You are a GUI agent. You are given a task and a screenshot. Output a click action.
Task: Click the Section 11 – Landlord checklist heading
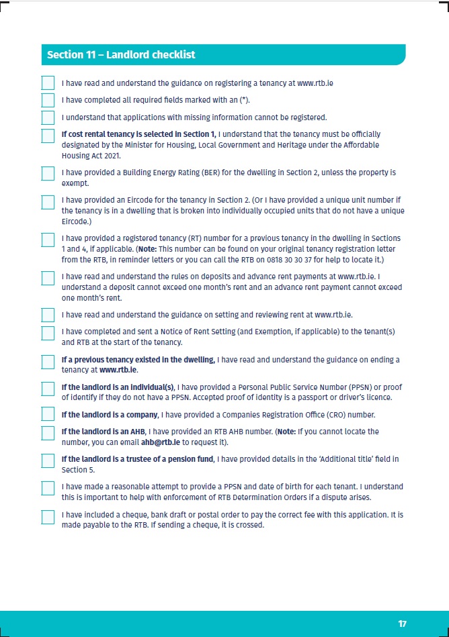click(x=121, y=54)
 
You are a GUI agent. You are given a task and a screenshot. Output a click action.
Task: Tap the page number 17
click(x=402, y=624)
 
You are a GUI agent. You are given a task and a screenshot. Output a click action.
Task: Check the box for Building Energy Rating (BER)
click(x=48, y=173)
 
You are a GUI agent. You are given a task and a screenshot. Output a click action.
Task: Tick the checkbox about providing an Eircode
click(x=48, y=202)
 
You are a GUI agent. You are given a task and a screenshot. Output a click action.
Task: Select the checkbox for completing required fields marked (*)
click(x=48, y=101)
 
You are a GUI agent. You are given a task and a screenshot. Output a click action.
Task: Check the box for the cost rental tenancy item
click(x=48, y=136)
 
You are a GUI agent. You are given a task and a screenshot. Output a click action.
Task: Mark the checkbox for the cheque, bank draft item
click(x=48, y=517)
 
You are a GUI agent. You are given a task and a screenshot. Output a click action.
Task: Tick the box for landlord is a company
click(x=48, y=414)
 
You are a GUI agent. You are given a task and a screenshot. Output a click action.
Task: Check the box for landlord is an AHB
click(x=48, y=432)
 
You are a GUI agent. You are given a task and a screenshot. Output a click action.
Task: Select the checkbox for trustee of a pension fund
click(x=48, y=460)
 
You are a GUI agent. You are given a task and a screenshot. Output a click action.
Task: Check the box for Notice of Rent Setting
click(x=48, y=333)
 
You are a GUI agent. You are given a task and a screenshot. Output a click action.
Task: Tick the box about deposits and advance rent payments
click(x=48, y=278)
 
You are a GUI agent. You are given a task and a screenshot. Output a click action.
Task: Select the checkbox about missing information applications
click(x=48, y=118)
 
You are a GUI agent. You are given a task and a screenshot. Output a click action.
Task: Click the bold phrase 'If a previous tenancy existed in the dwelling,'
click(x=138, y=360)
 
